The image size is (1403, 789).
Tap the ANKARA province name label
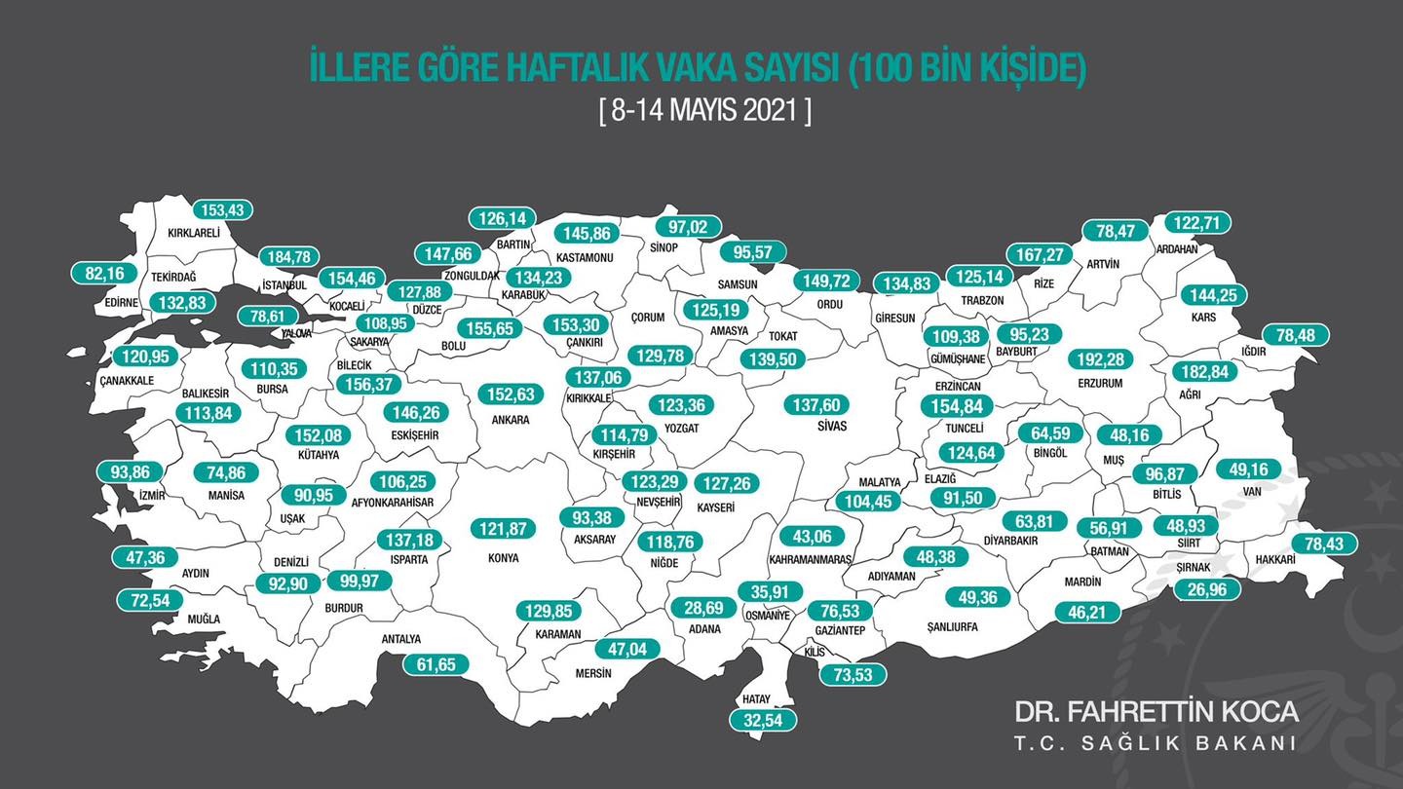pos(511,420)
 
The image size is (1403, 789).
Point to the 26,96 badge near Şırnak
pos(1207,589)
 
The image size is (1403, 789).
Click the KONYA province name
pos(503,558)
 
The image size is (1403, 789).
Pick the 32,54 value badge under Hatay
pos(763,721)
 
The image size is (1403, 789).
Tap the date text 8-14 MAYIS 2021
pos(704,110)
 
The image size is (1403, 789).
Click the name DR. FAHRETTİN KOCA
pos(1156,711)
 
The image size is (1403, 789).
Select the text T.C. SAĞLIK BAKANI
pos(1156,743)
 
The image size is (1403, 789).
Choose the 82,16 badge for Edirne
pos(105,274)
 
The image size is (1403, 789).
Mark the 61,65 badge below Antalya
pos(436,664)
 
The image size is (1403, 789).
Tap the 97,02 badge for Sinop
pos(689,227)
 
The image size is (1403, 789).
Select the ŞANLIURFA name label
pos(951,627)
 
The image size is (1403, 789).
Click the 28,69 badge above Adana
pos(703,607)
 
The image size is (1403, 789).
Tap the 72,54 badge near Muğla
pos(149,600)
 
